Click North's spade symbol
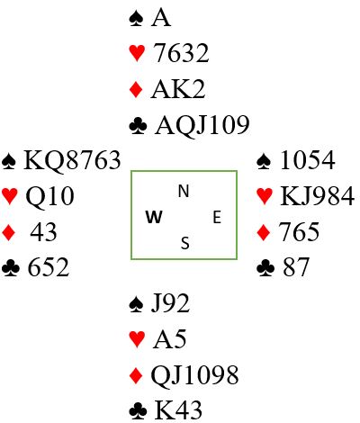[137, 19]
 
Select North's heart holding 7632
[181, 53]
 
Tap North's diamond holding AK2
[178, 89]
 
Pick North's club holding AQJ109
[202, 125]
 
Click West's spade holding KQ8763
[72, 160]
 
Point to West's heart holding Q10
[49, 196]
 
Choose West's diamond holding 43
[43, 232]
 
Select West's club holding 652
[49, 268]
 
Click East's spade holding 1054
[308, 160]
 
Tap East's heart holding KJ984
[317, 196]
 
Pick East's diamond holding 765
[299, 232]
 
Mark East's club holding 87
[295, 268]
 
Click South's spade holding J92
[170, 303]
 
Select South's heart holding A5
[169, 339]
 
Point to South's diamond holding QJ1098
[194, 375]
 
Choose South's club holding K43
[178, 410]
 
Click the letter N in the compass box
[184, 192]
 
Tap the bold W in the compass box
[154, 217]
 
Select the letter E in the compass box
[217, 217]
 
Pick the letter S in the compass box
[185, 243]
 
